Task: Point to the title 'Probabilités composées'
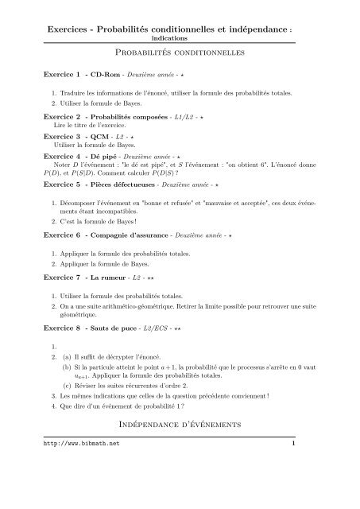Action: click(x=124, y=116)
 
